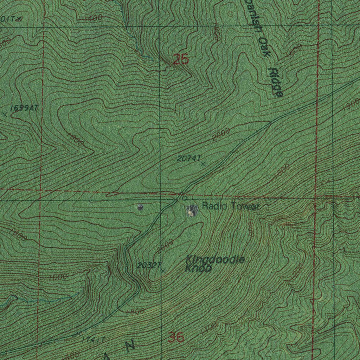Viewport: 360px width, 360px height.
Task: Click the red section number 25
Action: [181, 60]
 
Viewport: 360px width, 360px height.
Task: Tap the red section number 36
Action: [176, 337]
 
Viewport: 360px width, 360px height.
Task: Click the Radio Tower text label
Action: [231, 207]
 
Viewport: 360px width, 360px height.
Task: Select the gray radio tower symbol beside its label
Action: [192, 211]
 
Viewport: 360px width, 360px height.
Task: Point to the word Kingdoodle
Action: [215, 261]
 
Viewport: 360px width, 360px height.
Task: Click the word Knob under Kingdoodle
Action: [198, 269]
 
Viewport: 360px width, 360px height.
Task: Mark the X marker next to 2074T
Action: [203, 164]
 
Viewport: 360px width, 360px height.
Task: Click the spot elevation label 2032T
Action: [149, 266]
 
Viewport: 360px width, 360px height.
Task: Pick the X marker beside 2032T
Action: [163, 271]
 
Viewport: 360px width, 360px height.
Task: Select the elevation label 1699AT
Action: [24, 108]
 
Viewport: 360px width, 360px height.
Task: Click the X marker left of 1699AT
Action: [5, 114]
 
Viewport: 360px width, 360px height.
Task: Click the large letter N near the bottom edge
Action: [130, 346]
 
